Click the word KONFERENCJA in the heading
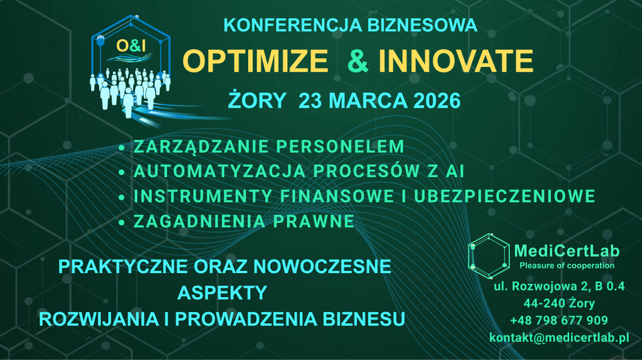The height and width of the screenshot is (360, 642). [x=292, y=25]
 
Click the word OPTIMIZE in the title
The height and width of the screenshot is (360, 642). [x=255, y=61]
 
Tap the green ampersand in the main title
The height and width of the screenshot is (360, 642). [x=357, y=61]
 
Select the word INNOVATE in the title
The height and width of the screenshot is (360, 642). [x=455, y=61]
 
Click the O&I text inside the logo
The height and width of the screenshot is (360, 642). [x=130, y=46]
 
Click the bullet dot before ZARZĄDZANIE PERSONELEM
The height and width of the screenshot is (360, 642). [x=121, y=147]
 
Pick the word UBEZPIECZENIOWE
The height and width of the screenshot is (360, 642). [x=504, y=196]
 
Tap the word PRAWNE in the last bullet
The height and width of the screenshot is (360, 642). [x=313, y=221]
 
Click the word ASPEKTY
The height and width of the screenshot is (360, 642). [x=222, y=292]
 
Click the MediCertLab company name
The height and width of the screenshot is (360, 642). [x=566, y=251]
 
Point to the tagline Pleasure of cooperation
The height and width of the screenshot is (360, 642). [x=566, y=266]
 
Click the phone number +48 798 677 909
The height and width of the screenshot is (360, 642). [x=559, y=321]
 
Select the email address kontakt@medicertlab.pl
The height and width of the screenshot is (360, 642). [x=559, y=337]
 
